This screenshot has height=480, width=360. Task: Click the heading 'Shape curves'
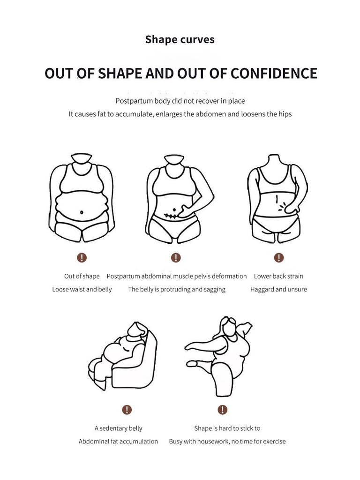coord(180,39)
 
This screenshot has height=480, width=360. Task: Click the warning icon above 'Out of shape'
coord(82,257)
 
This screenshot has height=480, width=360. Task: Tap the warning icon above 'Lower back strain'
coord(279,257)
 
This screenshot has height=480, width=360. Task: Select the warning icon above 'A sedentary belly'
coord(127,410)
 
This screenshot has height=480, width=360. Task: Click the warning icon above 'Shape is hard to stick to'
coord(222,410)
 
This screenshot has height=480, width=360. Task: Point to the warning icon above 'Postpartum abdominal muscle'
coord(176,257)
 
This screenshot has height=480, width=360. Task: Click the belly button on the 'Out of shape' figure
coord(82,212)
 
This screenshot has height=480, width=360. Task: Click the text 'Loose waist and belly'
coord(82,289)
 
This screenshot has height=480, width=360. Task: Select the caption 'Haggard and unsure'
coord(278,289)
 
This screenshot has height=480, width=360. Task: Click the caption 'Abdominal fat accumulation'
coord(118,441)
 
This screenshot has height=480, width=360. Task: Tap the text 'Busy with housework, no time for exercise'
coord(227,441)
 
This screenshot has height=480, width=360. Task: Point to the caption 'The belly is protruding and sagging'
coord(177,289)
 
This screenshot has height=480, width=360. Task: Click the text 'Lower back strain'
coord(278,276)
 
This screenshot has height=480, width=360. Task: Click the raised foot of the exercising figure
coord(191,363)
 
